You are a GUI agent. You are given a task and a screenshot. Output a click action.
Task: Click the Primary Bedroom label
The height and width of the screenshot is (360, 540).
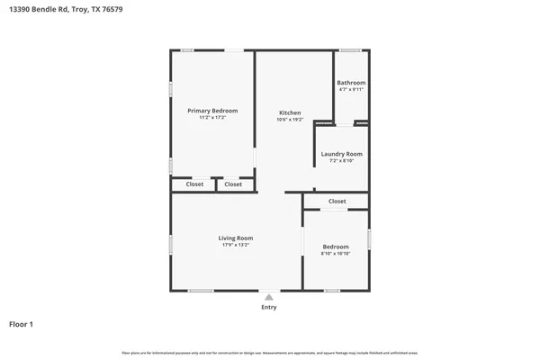tap(212, 111)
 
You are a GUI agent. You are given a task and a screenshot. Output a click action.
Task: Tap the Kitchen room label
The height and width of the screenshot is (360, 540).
tap(290, 112)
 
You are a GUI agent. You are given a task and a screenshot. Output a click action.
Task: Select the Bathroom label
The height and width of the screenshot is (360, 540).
tap(351, 83)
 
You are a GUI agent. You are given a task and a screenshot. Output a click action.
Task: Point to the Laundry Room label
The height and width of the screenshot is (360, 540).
tap(341, 154)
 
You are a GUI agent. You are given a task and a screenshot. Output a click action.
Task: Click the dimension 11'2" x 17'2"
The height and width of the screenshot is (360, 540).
tap(212, 118)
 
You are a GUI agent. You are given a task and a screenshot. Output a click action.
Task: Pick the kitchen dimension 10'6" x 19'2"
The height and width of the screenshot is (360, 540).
tap(290, 120)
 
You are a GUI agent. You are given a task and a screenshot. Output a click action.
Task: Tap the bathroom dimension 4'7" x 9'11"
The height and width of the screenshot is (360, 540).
tap(351, 90)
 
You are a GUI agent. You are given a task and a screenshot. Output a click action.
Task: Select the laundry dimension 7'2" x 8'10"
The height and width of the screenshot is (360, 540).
tap(341, 161)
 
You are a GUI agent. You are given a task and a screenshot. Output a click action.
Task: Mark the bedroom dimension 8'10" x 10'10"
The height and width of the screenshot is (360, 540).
tap(335, 254)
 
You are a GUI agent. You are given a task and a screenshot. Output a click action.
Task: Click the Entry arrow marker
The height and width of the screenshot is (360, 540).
tap(268, 296)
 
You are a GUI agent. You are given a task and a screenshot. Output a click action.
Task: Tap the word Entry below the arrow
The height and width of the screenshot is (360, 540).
tap(268, 307)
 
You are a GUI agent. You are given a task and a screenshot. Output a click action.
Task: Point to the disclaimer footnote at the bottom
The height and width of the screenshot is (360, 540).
tap(269, 352)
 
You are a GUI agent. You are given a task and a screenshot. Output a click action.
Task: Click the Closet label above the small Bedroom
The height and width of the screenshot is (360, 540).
tap(337, 202)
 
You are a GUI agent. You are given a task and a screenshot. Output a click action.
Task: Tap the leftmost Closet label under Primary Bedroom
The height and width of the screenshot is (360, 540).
tap(194, 184)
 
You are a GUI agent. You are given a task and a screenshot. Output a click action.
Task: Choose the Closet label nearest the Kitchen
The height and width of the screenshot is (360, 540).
tap(233, 184)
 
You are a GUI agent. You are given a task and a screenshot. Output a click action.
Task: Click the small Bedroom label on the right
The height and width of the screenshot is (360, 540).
tap(335, 247)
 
